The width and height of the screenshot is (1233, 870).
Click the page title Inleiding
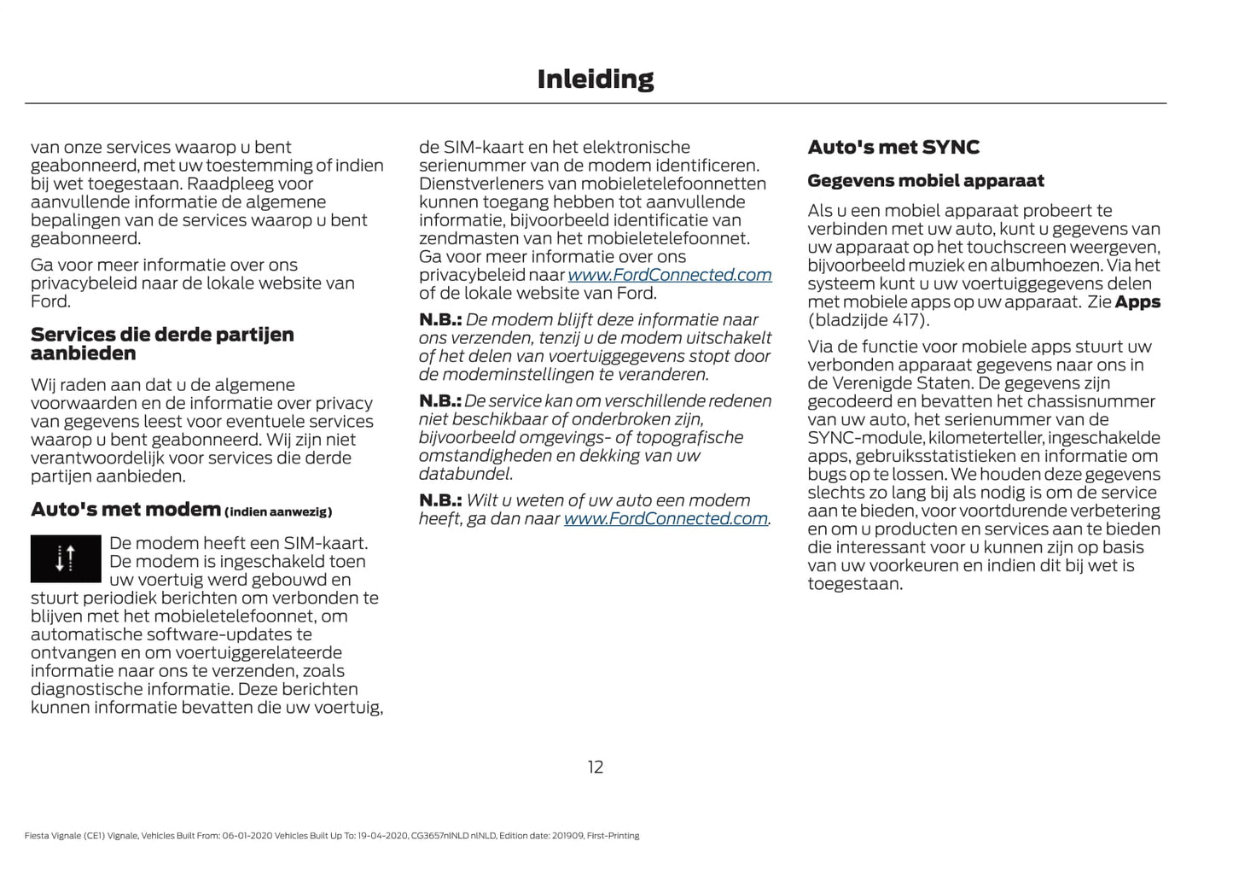pos(595,79)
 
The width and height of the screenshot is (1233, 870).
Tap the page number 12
pos(595,767)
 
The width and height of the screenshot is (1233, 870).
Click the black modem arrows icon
pos(66,558)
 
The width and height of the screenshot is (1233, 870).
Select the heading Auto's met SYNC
pos(893,147)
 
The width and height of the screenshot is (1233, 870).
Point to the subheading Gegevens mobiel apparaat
pos(925,181)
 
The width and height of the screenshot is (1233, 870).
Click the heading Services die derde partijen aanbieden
pos(162,343)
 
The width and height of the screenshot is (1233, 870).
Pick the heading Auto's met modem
pos(125,510)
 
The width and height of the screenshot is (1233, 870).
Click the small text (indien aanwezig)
pos(278,512)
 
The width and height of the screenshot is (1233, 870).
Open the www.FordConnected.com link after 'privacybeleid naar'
pos(669,275)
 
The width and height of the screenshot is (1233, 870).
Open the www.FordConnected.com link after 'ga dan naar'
pos(666,519)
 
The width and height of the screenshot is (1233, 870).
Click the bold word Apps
pos(1137,302)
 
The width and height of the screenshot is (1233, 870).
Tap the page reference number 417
pos(906,320)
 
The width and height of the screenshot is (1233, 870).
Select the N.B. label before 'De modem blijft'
pos(439,320)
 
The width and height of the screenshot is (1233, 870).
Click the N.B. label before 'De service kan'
pos(439,401)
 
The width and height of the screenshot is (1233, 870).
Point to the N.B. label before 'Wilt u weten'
pos(439,501)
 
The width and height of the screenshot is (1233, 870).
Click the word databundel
pos(464,474)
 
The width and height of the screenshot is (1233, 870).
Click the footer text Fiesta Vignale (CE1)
pos(64,836)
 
